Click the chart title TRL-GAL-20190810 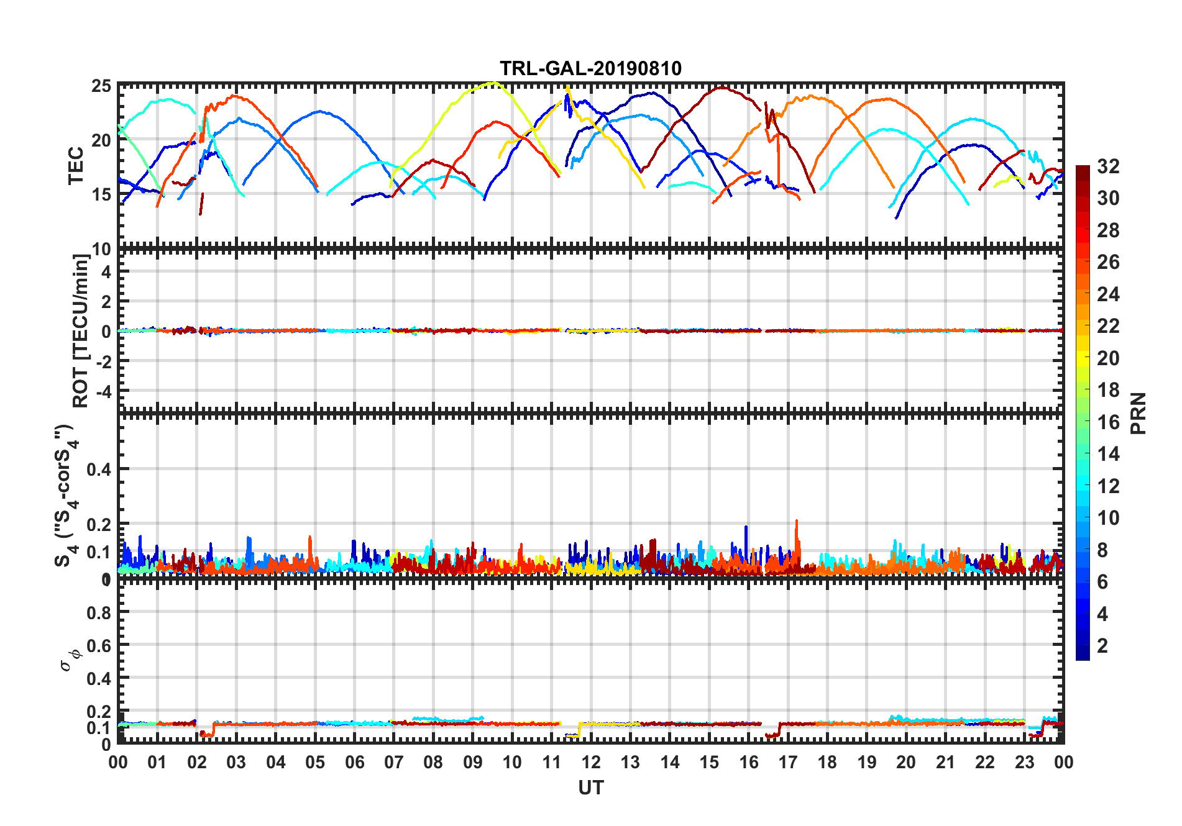tap(590, 68)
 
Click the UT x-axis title tap(590, 787)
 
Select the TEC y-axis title tap(76, 166)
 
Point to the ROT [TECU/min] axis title tap(81, 330)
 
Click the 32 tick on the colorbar tap(1108, 166)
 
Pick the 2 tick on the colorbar tap(1102, 646)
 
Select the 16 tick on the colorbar tap(1108, 422)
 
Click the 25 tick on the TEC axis tap(101, 86)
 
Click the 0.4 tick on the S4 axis tap(99, 470)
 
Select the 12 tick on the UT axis tap(591, 762)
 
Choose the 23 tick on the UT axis tap(1024, 762)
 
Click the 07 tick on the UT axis tap(394, 762)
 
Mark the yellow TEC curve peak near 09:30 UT tap(493, 83)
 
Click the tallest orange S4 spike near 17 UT tap(796, 522)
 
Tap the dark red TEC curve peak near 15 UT tap(721, 88)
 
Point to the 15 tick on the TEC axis tap(101, 194)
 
